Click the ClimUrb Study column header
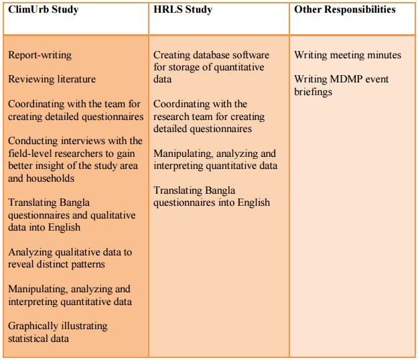tap(44, 10)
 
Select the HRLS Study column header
tap(183, 10)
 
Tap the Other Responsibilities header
tap(344, 9)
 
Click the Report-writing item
tap(40, 55)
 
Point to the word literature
tap(74, 79)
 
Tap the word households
tap(49, 178)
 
